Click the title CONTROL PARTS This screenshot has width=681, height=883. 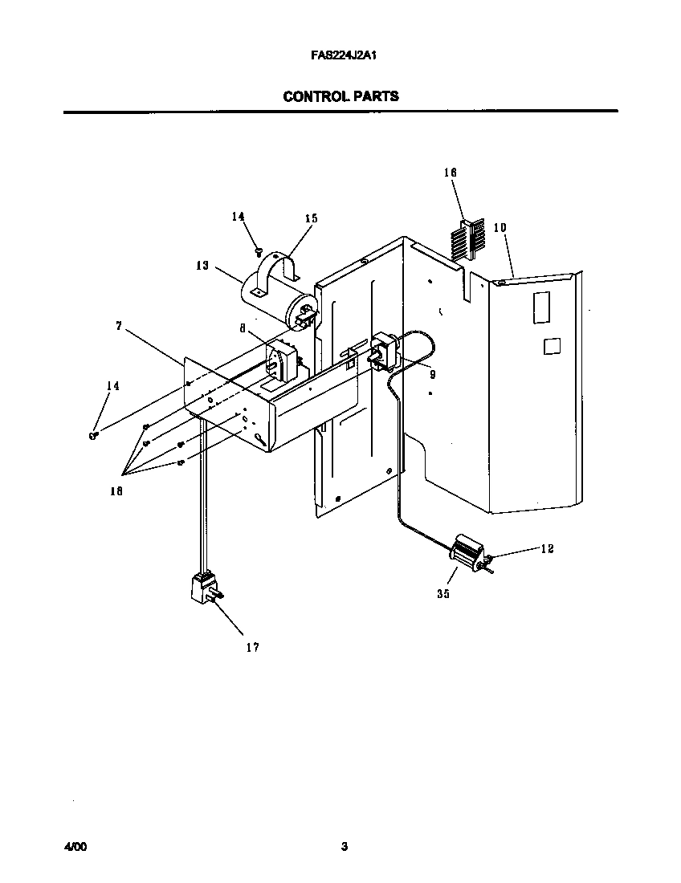tap(340, 96)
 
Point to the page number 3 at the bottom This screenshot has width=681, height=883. tap(344, 847)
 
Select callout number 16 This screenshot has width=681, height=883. tap(450, 172)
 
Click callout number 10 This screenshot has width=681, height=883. tap(500, 227)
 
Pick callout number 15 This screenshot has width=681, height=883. tap(311, 218)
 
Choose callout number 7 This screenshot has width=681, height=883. tap(118, 326)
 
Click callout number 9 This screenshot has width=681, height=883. tap(431, 373)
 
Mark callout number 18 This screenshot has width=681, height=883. tap(116, 492)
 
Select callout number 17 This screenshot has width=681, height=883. tap(252, 647)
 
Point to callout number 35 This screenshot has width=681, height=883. tap(443, 594)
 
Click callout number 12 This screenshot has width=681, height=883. tap(547, 549)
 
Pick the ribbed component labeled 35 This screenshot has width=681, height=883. tap(463, 553)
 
